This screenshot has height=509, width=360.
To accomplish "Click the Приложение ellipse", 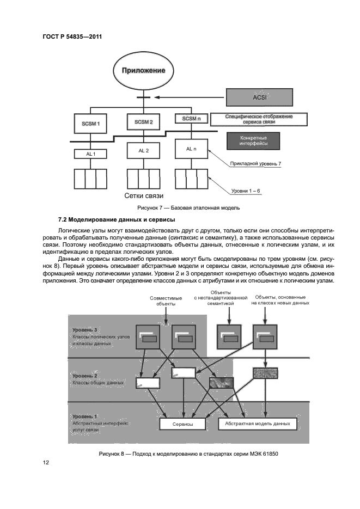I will (143, 70).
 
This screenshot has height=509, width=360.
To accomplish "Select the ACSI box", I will (259, 97).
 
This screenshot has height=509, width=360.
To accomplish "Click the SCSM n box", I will (191, 119).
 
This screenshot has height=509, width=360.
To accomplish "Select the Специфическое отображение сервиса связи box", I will (259, 119).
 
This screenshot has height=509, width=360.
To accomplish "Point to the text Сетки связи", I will (144, 195).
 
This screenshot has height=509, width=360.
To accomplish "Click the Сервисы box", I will (182, 424).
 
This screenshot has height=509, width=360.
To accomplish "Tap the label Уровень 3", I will (84, 330).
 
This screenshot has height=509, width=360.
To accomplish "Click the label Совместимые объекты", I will (163, 300).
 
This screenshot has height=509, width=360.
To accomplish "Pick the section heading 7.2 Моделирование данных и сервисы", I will (109, 219).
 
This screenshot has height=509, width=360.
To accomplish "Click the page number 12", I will (46, 463).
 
